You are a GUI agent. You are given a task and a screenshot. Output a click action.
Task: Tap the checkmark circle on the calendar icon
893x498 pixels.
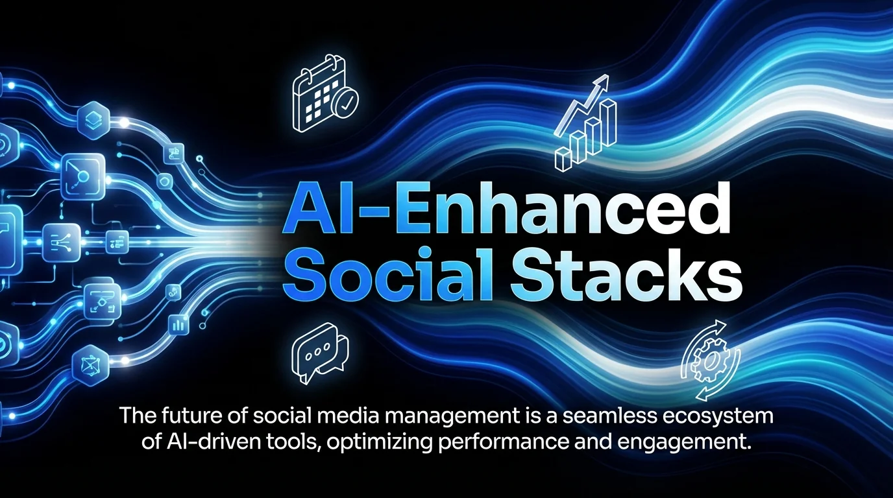coord(343,102)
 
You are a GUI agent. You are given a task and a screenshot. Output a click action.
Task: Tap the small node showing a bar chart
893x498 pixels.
coord(177,324)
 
